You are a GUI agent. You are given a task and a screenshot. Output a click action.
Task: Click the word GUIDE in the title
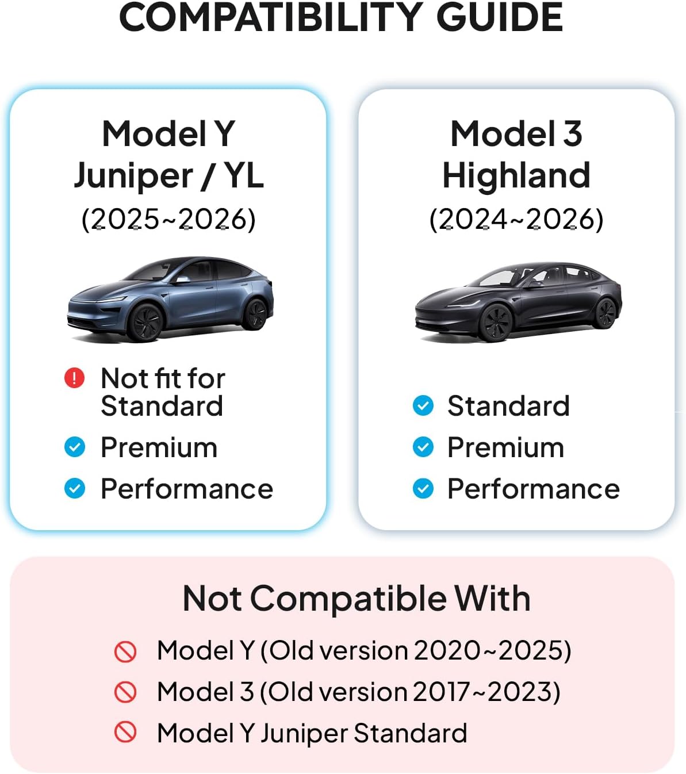pyautogui.click(x=500, y=17)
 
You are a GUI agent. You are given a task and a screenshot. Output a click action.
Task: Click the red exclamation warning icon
pyautogui.click(x=75, y=378)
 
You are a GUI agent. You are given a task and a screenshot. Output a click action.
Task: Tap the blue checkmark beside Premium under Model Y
pyautogui.click(x=75, y=447)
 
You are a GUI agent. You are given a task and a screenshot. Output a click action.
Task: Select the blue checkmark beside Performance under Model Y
pyautogui.click(x=75, y=488)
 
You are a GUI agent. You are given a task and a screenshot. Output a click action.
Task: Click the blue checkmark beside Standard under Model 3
pyautogui.click(x=423, y=405)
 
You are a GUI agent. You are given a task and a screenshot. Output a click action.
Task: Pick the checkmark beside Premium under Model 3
pyautogui.click(x=423, y=447)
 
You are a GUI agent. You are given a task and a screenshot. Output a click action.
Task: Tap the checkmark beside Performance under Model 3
pyautogui.click(x=423, y=488)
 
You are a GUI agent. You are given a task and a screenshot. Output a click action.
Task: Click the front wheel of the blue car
pyautogui.click(x=145, y=323)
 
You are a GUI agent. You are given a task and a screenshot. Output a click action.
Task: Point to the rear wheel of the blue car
pyautogui.click(x=255, y=314)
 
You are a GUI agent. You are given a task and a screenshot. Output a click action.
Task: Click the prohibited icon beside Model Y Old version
pyautogui.click(x=125, y=651)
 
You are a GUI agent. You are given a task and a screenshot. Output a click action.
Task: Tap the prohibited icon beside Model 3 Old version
pyautogui.click(x=125, y=692)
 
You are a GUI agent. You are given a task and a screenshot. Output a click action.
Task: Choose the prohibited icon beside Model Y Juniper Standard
pyautogui.click(x=125, y=733)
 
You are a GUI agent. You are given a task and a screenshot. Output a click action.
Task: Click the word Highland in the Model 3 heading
pyautogui.click(x=516, y=175)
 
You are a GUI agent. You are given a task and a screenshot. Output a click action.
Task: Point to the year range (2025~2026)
pyautogui.click(x=168, y=219)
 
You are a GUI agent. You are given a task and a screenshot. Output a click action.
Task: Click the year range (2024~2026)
pyautogui.click(x=516, y=219)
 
